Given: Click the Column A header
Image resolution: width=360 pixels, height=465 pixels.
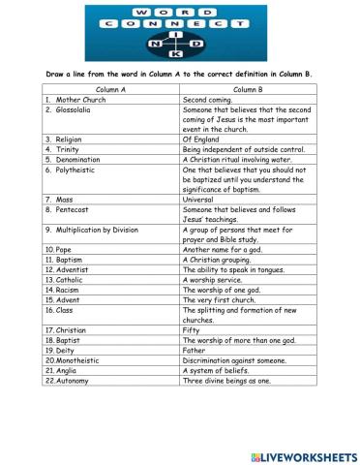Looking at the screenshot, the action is tap(109, 89).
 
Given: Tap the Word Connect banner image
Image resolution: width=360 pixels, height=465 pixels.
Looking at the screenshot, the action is tap(179, 31).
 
